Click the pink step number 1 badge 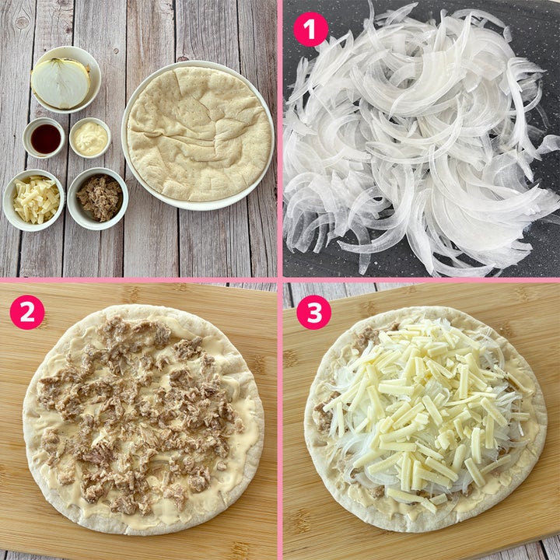click(x=310, y=29)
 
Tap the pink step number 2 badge click(x=27, y=312)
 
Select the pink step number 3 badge click(x=314, y=312)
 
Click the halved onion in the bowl click(x=61, y=83)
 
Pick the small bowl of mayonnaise click(x=90, y=138)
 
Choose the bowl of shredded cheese click(x=34, y=200)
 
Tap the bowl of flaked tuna click(x=97, y=198)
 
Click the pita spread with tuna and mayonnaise click(x=143, y=420)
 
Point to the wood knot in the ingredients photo click(x=22, y=23)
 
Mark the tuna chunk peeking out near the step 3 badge click(x=367, y=335)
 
